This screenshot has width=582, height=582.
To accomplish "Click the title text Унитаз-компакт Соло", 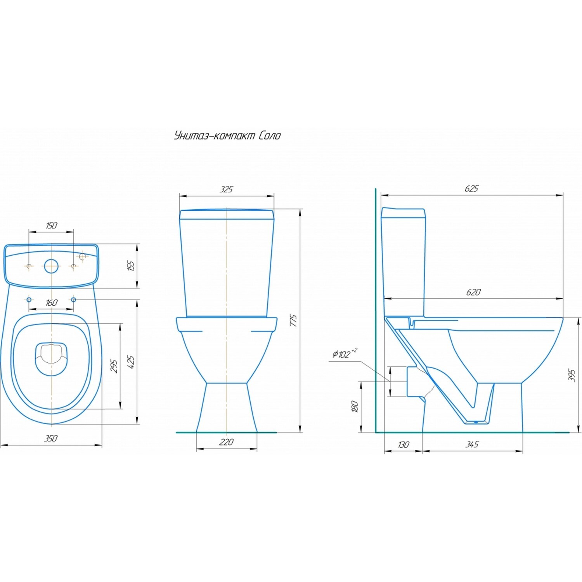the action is tap(227, 135).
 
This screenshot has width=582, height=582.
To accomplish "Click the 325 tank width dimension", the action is tap(227, 189).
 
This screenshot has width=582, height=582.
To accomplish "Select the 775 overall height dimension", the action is tap(294, 320).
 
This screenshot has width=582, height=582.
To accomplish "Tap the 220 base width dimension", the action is tap(227, 442).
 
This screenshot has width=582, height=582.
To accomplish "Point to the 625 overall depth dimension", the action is tap(472, 189).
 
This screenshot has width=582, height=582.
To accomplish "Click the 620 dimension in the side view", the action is tap(473, 292).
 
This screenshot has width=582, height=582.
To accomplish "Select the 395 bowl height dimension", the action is tap(572, 375).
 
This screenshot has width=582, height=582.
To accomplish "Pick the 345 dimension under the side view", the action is tap(472, 444).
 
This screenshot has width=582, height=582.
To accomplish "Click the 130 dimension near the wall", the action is tap(404, 445).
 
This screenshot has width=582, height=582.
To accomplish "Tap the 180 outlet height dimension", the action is tap(354, 406).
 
